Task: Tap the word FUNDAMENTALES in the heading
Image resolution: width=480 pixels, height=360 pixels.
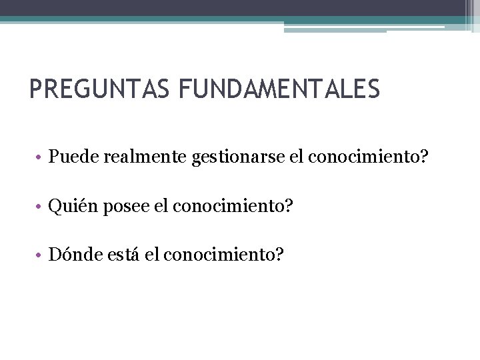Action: (x=278, y=89)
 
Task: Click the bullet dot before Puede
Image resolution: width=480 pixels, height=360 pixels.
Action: (x=41, y=159)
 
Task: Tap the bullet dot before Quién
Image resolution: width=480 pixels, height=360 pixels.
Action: (x=41, y=207)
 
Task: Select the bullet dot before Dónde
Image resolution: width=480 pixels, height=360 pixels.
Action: (x=41, y=255)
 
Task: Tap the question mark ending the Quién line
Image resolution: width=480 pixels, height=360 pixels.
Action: (x=288, y=207)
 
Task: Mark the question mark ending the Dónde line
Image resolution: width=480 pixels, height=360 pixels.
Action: (x=279, y=254)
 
